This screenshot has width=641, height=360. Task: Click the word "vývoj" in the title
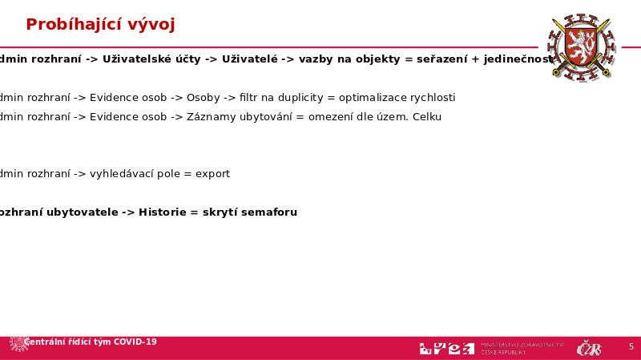coord(150,25)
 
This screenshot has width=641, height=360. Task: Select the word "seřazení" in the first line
coord(441,59)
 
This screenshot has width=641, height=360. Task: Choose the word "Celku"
coord(426,117)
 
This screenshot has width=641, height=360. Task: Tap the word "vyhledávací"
coord(121,174)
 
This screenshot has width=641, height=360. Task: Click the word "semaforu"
coord(268,212)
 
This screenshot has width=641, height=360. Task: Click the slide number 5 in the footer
coord(631,347)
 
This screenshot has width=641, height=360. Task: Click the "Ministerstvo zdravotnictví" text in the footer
coord(522,345)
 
